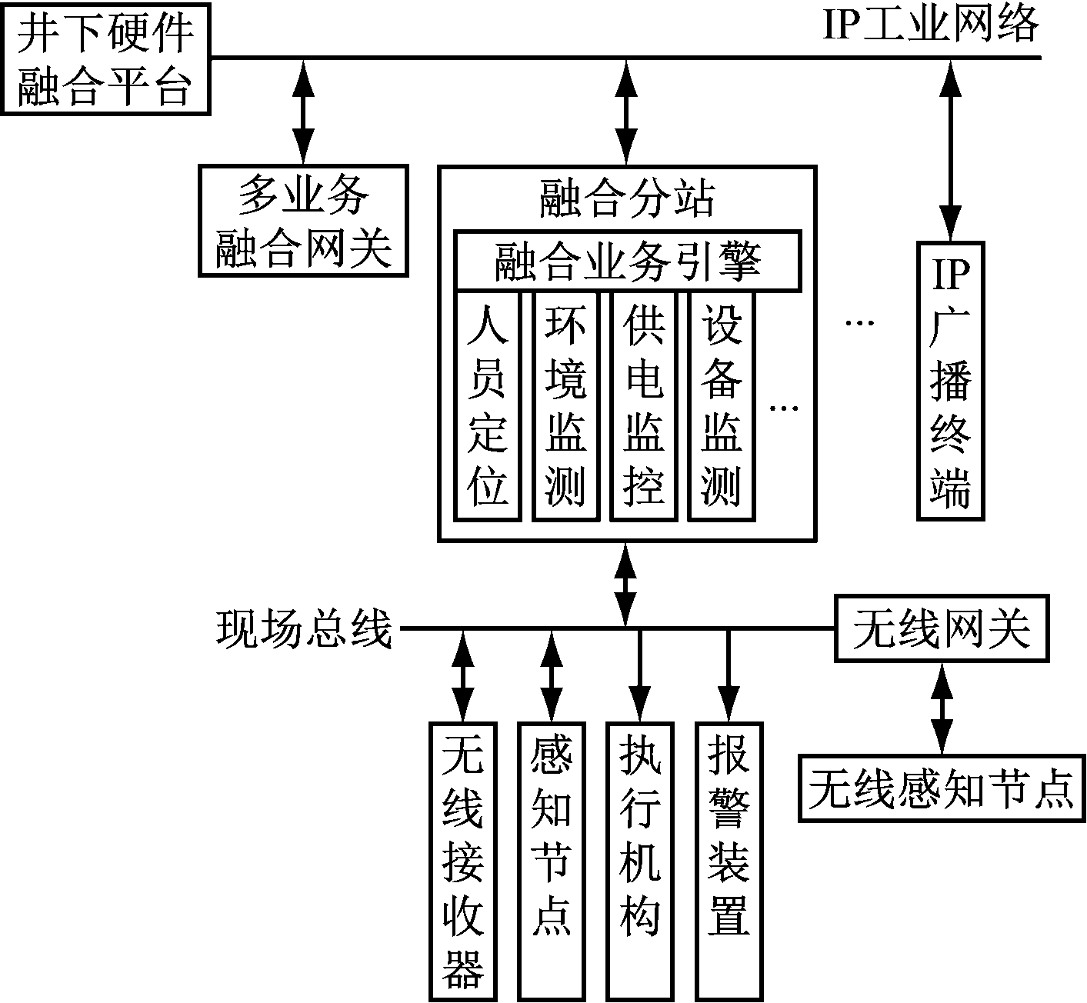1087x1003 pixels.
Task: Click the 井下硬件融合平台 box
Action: point(105,58)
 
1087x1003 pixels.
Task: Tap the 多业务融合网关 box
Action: point(303,220)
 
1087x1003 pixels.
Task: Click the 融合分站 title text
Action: point(627,198)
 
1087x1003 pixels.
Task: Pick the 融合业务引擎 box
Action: point(627,261)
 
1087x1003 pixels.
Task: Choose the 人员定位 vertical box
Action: point(488,406)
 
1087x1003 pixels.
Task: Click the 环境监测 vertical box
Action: point(565,406)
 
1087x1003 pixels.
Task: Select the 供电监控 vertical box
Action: point(643,406)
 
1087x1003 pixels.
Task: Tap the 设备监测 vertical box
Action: point(721,406)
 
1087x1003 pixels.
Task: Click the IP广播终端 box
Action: point(951,381)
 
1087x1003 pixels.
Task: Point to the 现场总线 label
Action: point(303,629)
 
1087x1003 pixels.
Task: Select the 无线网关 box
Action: point(942,628)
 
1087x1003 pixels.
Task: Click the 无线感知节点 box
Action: point(941,788)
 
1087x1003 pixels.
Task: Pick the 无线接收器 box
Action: point(462,860)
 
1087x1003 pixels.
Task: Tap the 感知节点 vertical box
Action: point(552,860)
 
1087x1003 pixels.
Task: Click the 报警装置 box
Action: point(729,860)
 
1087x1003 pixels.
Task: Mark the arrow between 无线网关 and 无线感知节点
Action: point(942,708)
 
